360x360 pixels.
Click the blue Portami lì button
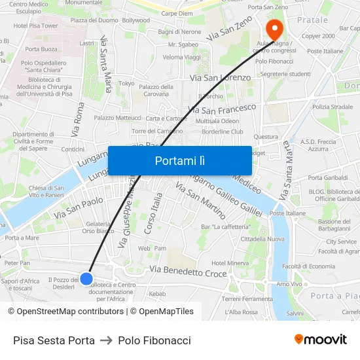(179, 160)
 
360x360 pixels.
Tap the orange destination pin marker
(274, 28)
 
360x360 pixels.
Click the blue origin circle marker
(86, 278)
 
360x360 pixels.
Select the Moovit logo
(321, 340)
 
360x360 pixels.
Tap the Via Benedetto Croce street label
(189, 271)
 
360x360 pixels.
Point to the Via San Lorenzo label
(220, 78)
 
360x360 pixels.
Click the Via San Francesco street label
(221, 107)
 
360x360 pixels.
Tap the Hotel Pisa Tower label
(36, 26)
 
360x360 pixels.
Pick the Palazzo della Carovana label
(156, 90)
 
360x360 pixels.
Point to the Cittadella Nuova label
(244, 239)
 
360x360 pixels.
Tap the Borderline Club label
(223, 131)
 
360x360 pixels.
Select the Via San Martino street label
(201, 200)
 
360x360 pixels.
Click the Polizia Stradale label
(333, 107)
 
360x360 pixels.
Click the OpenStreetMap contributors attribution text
(65, 312)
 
